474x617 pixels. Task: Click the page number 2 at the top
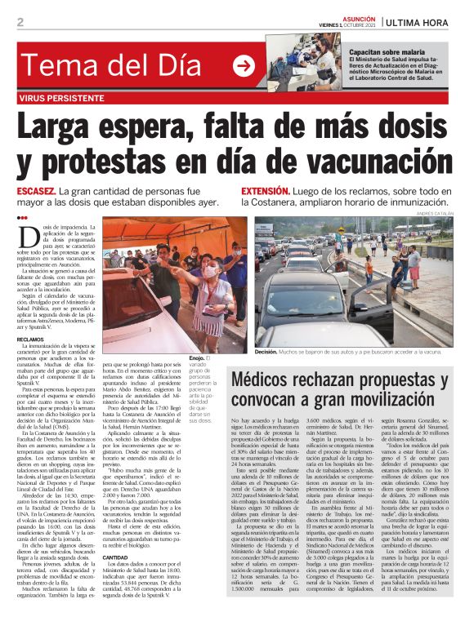[x=20, y=21]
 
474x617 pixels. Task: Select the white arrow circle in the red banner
[x=244, y=65]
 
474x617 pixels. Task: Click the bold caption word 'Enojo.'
[x=197, y=357]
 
